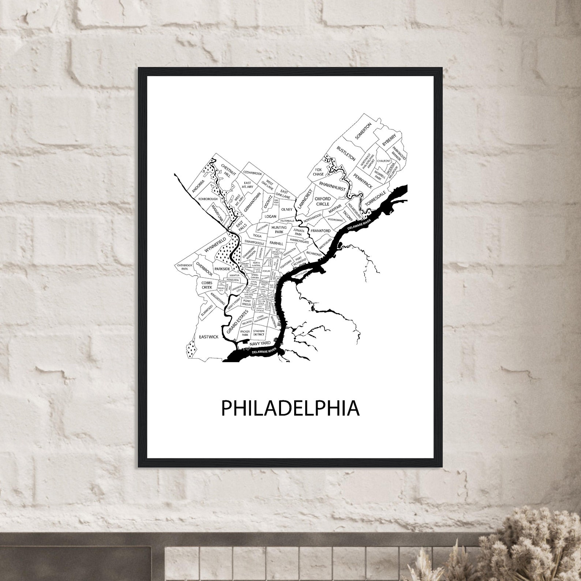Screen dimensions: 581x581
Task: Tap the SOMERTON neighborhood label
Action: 363,131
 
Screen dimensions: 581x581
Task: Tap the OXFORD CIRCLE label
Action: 323,201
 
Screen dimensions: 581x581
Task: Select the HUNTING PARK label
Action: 279,230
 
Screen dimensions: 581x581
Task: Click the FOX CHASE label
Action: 318,172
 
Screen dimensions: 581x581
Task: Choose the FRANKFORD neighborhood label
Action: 321,231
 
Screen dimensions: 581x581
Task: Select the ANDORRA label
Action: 198,186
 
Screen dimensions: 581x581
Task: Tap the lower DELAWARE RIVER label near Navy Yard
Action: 264,352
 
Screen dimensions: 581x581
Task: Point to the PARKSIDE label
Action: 222,269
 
